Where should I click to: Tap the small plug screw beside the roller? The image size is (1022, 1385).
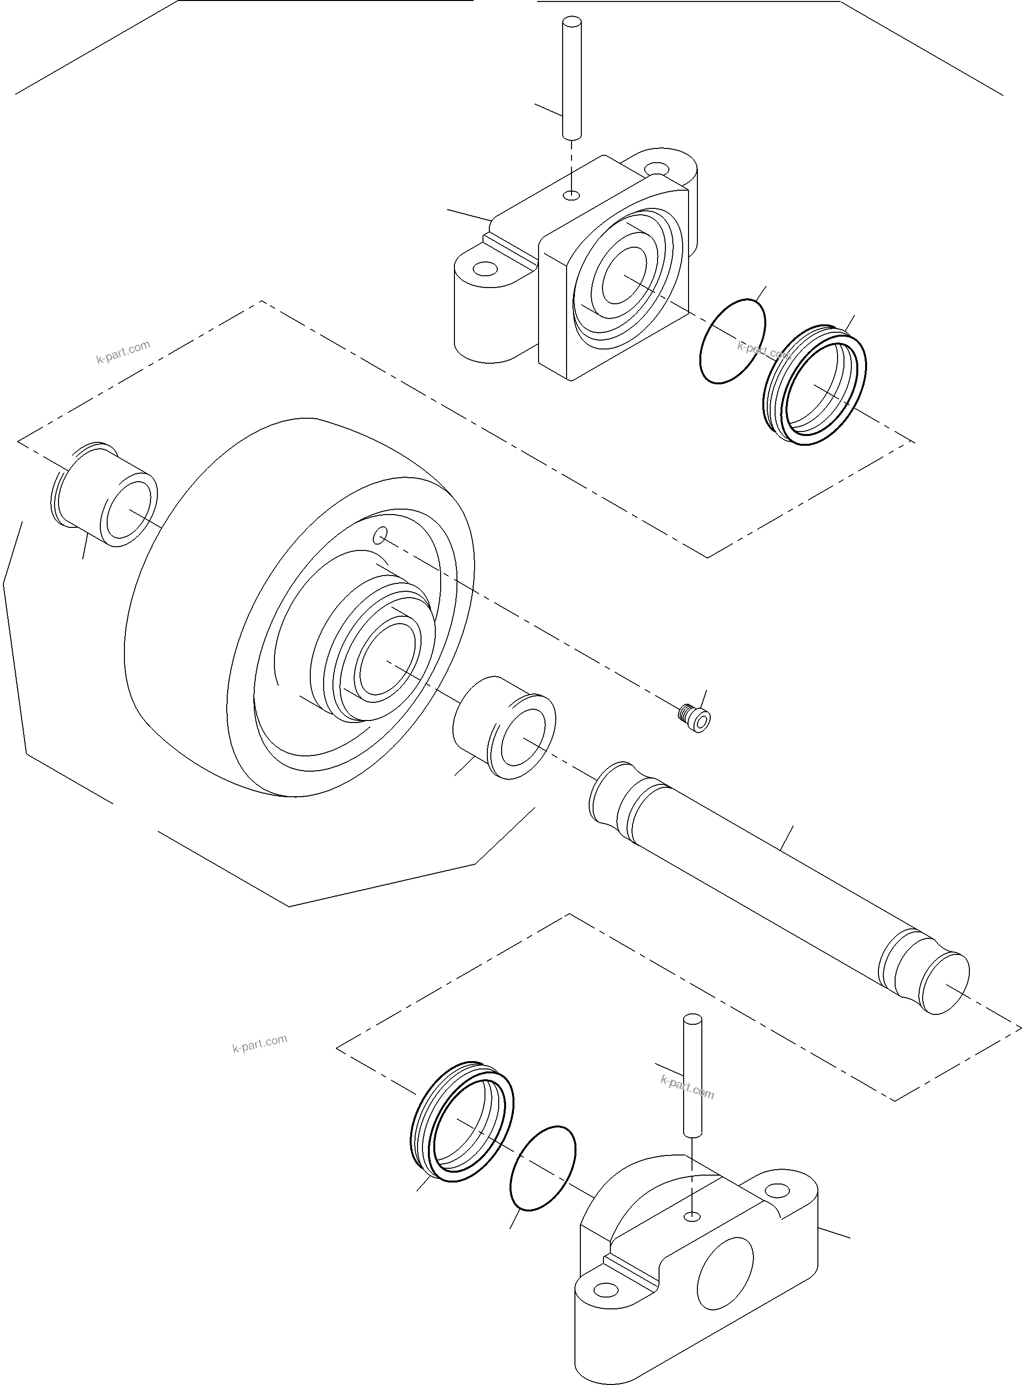(693, 719)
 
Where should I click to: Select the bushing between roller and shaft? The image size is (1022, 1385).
(505, 727)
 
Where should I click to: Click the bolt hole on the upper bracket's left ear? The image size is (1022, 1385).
(487, 269)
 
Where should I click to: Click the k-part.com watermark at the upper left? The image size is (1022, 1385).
(123, 352)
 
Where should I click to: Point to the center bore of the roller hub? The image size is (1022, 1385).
(386, 657)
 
